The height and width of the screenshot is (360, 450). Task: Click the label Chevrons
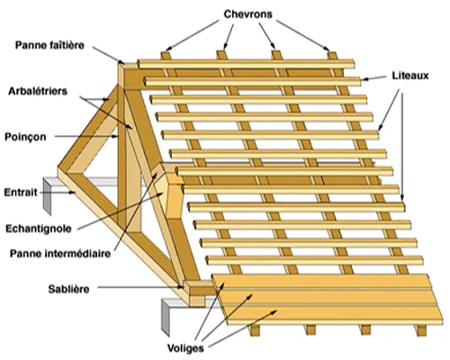pos(248,14)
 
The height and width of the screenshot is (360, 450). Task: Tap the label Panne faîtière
pos(49,45)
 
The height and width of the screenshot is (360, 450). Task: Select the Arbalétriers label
pos(38,91)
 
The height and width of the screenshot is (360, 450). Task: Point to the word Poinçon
pos(25,137)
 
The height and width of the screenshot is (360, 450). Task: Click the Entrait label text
pos(21,192)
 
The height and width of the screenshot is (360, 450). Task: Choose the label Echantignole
pos(39,229)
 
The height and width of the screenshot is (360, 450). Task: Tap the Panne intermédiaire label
pos(60,254)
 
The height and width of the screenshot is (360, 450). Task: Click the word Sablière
pos(68,289)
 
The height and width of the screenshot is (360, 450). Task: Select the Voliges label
pos(185,348)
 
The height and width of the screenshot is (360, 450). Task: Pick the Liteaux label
pos(410,76)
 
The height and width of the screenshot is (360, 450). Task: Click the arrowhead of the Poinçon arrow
pos(114,137)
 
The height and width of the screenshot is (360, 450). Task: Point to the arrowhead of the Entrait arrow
pos(72,193)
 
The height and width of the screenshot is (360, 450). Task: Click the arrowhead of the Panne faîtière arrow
pos(121,61)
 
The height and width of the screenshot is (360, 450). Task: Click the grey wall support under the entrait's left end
pos(47,196)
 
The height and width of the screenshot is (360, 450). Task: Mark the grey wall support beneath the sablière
pos(166,318)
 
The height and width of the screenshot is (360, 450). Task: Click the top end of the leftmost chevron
pos(166,53)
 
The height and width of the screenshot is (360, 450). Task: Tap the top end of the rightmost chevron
pos(332,53)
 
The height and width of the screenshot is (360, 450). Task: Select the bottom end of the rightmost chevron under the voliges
pos(421,332)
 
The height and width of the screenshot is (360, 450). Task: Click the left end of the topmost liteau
pos(139,64)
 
